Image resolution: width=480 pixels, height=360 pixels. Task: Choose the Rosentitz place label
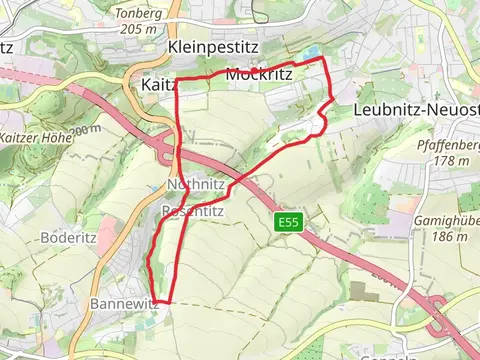click(196, 212)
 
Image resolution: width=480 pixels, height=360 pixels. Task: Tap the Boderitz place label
click(68, 238)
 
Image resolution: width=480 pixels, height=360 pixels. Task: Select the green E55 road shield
click(289, 221)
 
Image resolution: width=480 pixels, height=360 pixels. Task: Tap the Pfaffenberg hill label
click(446, 145)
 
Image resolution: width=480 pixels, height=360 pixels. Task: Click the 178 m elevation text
click(451, 160)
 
